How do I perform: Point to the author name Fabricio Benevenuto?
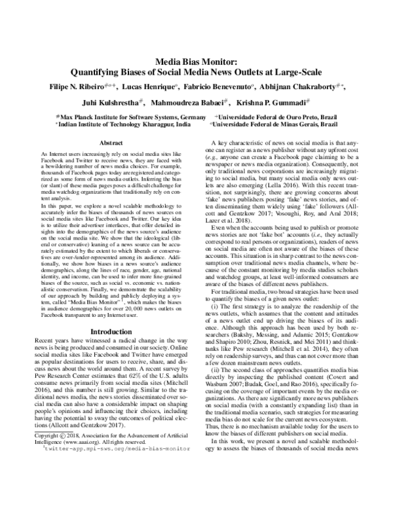[210, 86]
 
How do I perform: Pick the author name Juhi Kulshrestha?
[110, 103]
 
